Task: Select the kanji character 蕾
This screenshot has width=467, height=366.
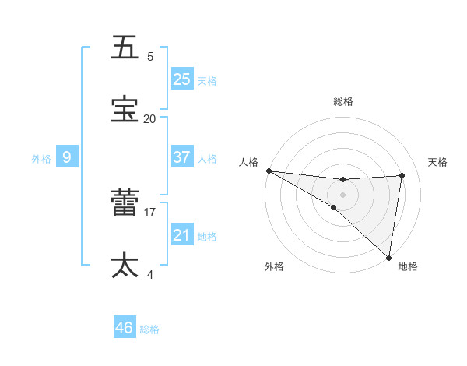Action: click(125, 203)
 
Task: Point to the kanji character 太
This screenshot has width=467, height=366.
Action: click(125, 266)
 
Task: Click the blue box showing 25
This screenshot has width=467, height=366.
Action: click(182, 79)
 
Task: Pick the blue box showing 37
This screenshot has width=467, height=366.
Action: click(182, 157)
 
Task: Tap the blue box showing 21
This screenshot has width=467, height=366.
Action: click(182, 235)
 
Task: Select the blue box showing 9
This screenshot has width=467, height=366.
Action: click(67, 157)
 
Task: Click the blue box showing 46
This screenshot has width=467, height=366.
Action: click(125, 328)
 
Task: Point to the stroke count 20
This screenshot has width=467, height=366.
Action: click(149, 118)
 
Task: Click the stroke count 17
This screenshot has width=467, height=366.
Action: click(150, 212)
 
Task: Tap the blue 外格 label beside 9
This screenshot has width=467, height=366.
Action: click(41, 158)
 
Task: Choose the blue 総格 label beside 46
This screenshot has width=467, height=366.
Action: click(149, 329)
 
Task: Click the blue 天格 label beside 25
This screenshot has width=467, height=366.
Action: click(207, 80)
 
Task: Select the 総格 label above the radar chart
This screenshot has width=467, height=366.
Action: click(343, 101)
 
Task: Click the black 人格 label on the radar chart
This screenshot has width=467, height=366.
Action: click(248, 162)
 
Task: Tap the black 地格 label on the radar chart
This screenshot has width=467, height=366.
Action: click(408, 266)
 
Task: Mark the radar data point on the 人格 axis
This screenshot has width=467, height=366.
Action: click(269, 171)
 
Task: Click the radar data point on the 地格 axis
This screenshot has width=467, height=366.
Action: click(388, 257)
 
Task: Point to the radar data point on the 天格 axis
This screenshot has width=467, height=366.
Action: click(402, 175)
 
